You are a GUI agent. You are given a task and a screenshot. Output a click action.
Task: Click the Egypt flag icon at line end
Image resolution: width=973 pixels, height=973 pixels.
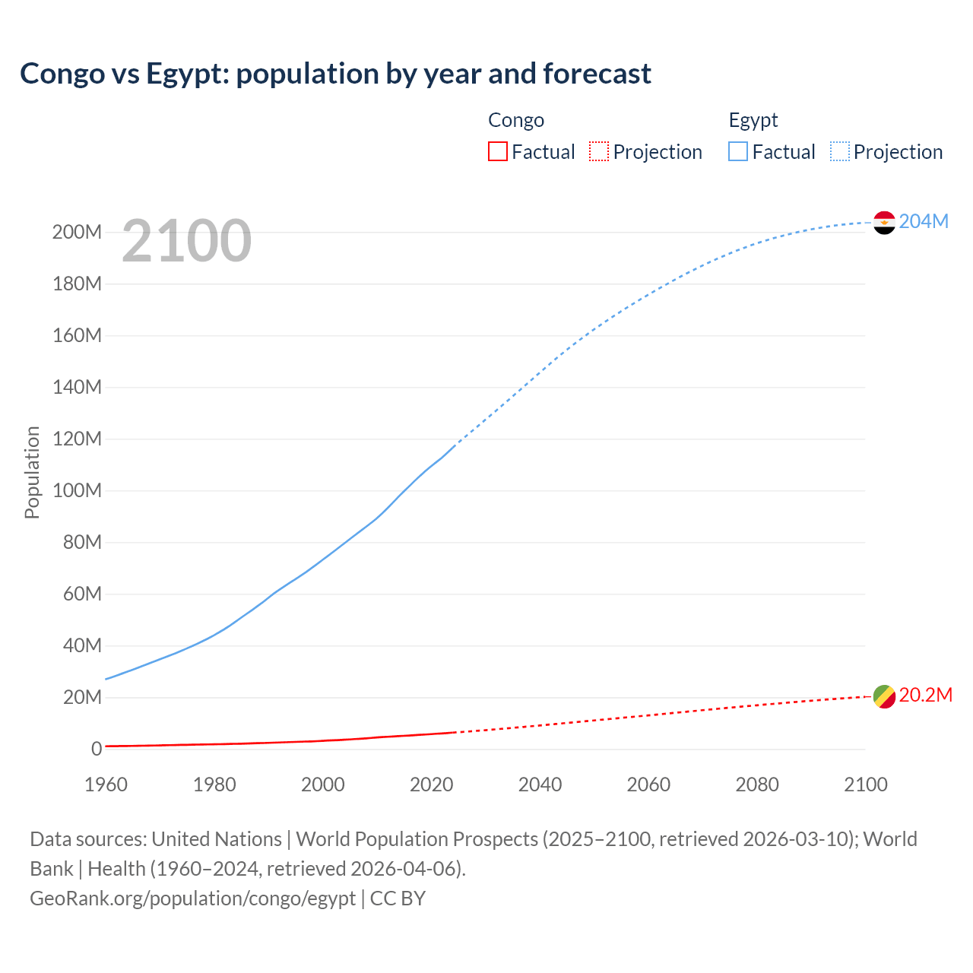pyautogui.click(x=884, y=223)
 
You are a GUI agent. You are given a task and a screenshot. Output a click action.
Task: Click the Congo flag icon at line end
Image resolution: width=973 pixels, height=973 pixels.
pyautogui.click(x=884, y=696)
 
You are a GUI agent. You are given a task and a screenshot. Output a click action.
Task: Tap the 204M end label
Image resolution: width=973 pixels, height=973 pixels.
pyautogui.click(x=924, y=221)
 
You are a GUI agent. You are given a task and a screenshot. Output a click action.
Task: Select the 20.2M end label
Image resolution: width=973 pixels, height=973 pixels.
pyautogui.click(x=925, y=696)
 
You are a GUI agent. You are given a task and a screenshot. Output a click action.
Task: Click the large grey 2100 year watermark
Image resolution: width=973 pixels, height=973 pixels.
pyautogui.click(x=186, y=240)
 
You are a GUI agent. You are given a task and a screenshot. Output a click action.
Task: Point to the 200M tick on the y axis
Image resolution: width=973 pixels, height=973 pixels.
pyautogui.click(x=77, y=233)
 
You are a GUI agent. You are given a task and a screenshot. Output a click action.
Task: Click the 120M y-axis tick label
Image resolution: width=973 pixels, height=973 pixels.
pyautogui.click(x=77, y=439)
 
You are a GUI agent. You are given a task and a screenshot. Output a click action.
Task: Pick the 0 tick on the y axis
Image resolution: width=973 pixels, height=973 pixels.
pyautogui.click(x=97, y=750)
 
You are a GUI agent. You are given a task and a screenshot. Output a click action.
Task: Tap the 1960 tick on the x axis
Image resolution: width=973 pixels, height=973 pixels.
pyautogui.click(x=106, y=784)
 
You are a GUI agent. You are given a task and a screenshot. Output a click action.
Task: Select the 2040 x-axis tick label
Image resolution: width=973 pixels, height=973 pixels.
pyautogui.click(x=540, y=784)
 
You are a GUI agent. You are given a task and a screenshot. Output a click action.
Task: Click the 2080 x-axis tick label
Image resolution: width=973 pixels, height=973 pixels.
pyautogui.click(x=757, y=784)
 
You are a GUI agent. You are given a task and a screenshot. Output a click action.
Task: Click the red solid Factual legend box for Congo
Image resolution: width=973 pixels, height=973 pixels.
pyautogui.click(x=497, y=152)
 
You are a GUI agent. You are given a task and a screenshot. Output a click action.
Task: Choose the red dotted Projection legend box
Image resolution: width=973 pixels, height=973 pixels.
pyautogui.click(x=599, y=152)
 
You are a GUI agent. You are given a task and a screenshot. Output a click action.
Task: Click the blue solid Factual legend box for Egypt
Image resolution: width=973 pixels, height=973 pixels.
pyautogui.click(x=738, y=152)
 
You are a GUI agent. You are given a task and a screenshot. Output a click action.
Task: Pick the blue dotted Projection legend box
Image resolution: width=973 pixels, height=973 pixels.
pyautogui.click(x=840, y=152)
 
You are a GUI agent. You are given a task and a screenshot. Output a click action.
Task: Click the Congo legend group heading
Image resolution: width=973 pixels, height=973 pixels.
pyautogui.click(x=516, y=120)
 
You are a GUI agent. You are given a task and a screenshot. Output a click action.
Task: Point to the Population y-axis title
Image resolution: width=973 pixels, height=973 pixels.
pyautogui.click(x=32, y=472)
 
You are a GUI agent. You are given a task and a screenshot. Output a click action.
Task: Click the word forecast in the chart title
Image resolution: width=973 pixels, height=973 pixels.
pyautogui.click(x=597, y=74)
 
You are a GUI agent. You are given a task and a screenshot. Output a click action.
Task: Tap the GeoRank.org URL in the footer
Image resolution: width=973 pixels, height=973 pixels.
pyautogui.click(x=192, y=899)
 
